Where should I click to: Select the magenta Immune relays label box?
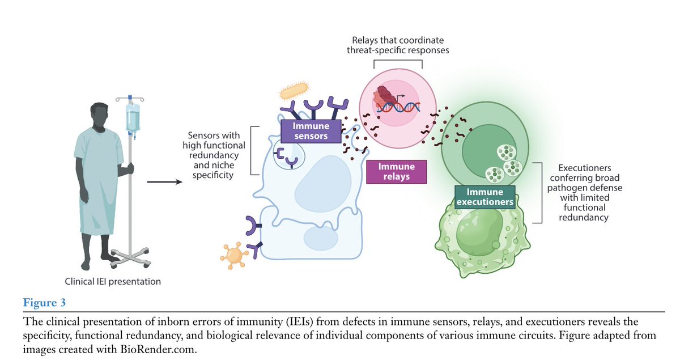coord(396,172)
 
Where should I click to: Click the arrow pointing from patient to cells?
coord(164,182)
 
